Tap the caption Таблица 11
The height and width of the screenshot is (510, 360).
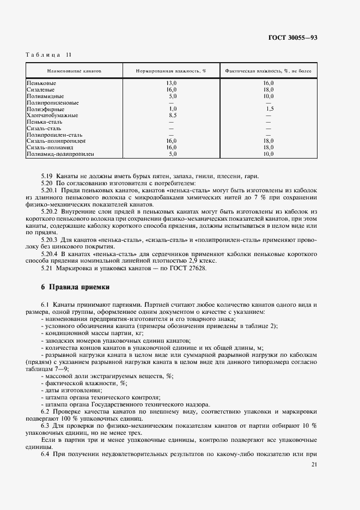(x=48, y=54)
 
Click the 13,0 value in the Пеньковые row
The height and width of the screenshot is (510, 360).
(x=172, y=83)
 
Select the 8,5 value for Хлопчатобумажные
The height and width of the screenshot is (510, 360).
(x=173, y=116)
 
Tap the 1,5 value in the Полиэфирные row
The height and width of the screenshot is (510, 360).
(x=269, y=109)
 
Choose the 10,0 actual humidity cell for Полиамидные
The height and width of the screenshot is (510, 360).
(x=268, y=96)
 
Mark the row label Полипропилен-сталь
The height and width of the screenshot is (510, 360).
(x=54, y=135)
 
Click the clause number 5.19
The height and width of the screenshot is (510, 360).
(x=47, y=175)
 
